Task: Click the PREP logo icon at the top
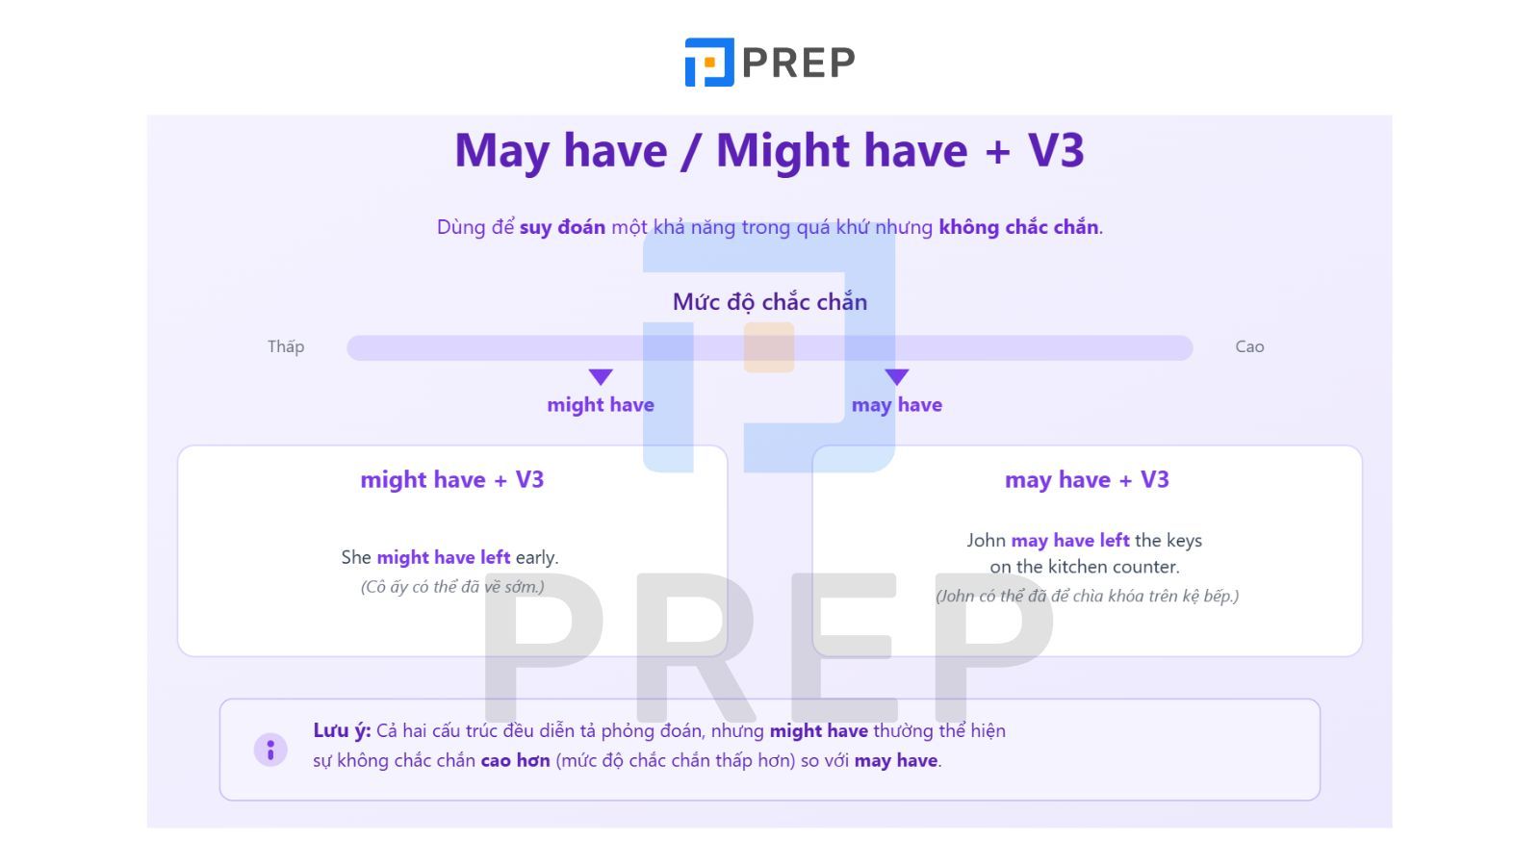pos(708,62)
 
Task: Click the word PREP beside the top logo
pos(799,63)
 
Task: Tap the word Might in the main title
pos(783,151)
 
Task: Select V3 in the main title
pos(1056,150)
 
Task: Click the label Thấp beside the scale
pos(286,345)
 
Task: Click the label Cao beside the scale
pos(1249,346)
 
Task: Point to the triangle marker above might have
pos(601,376)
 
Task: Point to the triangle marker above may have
pos(896,376)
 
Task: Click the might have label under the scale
pos(601,405)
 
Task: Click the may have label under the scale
pos(896,405)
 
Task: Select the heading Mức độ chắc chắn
pos(770,302)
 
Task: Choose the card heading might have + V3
pos(451,480)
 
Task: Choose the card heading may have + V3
pos(1087,480)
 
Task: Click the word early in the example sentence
pos(536,558)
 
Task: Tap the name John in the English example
pos(986,540)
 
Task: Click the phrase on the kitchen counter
pos(1084,567)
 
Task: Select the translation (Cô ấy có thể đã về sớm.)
pos(452,586)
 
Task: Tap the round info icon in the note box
pos(270,750)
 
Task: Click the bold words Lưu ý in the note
pos(342,730)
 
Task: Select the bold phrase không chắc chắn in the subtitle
pos(1018,227)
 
